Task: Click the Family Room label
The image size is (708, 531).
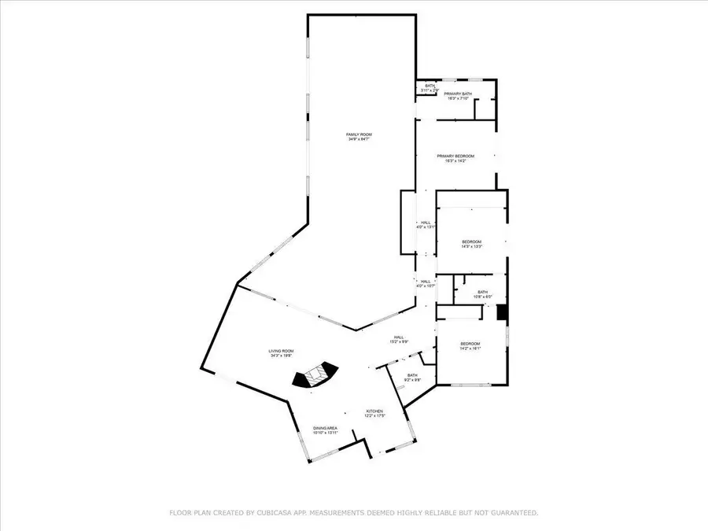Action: point(359,135)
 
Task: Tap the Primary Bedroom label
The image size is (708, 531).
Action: point(455,156)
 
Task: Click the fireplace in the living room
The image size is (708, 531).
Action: point(315,376)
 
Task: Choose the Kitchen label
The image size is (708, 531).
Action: point(374,411)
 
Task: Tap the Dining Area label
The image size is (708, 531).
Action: point(325,428)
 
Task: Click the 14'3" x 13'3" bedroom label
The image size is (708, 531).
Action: point(471,242)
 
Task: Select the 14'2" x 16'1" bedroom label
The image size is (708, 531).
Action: point(470,344)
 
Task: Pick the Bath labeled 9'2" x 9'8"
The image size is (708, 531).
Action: point(412,375)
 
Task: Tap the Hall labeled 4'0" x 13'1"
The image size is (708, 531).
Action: point(426,223)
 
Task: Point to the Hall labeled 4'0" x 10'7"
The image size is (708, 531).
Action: point(426,282)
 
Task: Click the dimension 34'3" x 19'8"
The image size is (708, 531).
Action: point(282,356)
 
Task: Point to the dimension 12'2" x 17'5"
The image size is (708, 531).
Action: point(374,416)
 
